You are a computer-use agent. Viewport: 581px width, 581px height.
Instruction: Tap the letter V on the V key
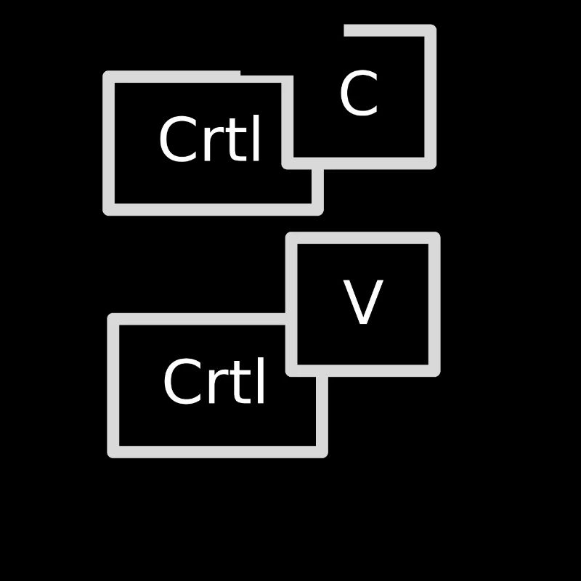tap(362, 301)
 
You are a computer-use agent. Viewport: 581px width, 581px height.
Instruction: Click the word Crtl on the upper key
tap(210, 139)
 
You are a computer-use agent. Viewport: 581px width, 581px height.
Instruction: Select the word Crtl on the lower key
tap(214, 381)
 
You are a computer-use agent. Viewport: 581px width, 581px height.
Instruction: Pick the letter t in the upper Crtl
tap(232, 140)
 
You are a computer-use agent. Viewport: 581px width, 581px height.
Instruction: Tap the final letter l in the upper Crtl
tap(256, 138)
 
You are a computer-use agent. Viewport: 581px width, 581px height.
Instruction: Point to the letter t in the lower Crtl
tap(237, 383)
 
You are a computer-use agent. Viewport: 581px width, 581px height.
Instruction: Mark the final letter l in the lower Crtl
tap(260, 380)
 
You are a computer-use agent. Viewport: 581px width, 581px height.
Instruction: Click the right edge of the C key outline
tap(430, 97)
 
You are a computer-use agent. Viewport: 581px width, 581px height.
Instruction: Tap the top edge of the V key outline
tap(362, 238)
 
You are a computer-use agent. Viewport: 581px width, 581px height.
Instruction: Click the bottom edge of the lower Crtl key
tap(217, 452)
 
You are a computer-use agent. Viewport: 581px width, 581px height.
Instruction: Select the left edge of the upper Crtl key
tap(108, 143)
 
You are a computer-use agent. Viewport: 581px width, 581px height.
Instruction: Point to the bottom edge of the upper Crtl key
tap(213, 209)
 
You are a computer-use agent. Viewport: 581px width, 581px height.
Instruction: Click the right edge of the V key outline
tap(434, 304)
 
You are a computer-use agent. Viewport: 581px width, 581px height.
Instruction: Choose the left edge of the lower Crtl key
tap(113, 386)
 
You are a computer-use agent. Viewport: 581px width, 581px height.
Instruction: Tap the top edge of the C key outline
tap(390, 31)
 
